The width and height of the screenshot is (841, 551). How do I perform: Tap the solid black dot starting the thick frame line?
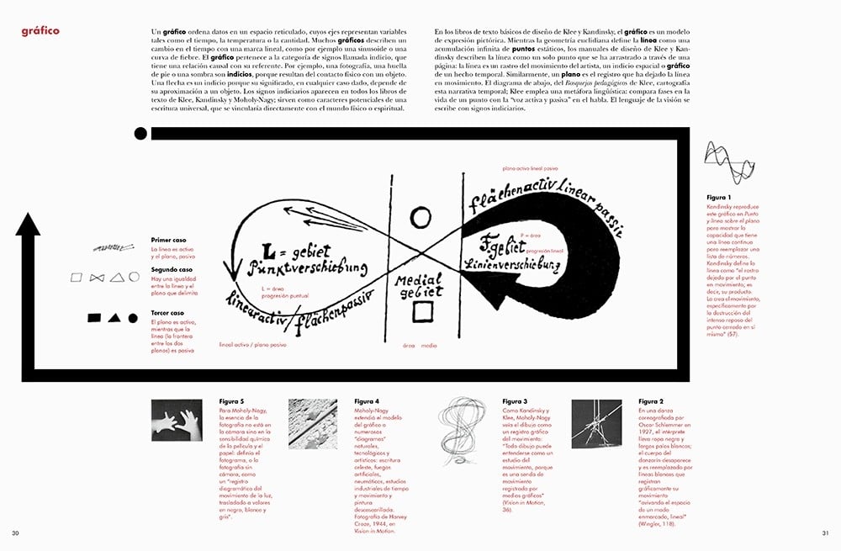[140, 133]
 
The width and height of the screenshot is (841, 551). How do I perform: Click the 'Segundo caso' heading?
[171, 270]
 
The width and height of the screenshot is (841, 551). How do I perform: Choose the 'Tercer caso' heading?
[167, 313]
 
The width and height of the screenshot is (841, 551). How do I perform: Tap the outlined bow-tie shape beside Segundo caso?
[96, 276]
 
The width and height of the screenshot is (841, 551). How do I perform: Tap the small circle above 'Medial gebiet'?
[420, 219]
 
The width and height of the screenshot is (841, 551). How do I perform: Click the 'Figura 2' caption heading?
[651, 402]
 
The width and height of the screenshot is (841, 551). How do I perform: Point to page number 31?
[825, 533]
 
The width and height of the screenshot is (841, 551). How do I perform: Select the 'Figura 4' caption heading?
[367, 402]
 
